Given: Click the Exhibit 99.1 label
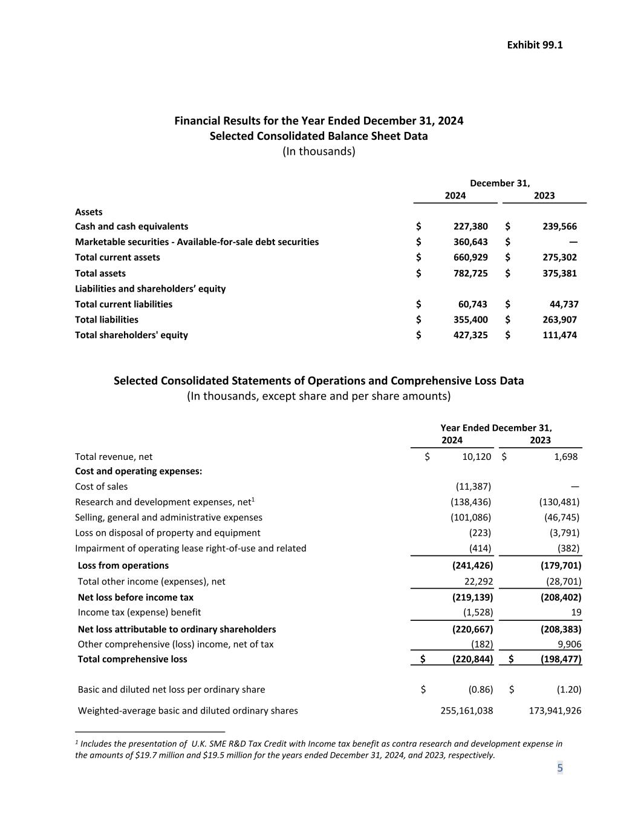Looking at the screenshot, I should (x=535, y=45).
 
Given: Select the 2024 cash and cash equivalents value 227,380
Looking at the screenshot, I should (x=470, y=226).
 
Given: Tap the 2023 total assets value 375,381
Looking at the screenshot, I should (x=559, y=273).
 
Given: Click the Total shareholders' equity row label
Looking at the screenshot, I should (x=131, y=335).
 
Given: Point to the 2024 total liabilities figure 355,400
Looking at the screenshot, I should (x=470, y=320).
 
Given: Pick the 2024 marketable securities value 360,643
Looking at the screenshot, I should (x=470, y=242).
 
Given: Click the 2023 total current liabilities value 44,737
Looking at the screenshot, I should (x=562, y=304).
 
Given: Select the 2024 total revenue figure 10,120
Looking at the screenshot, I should (x=477, y=457).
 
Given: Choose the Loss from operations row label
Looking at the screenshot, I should (x=123, y=565).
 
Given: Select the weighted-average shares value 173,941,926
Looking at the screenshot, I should (x=555, y=710).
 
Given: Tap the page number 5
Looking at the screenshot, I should (x=560, y=768).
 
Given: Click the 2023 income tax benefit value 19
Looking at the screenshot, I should (x=576, y=612).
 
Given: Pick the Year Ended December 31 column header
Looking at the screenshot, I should (x=496, y=428).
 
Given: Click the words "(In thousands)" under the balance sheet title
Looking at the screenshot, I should (x=319, y=151).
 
